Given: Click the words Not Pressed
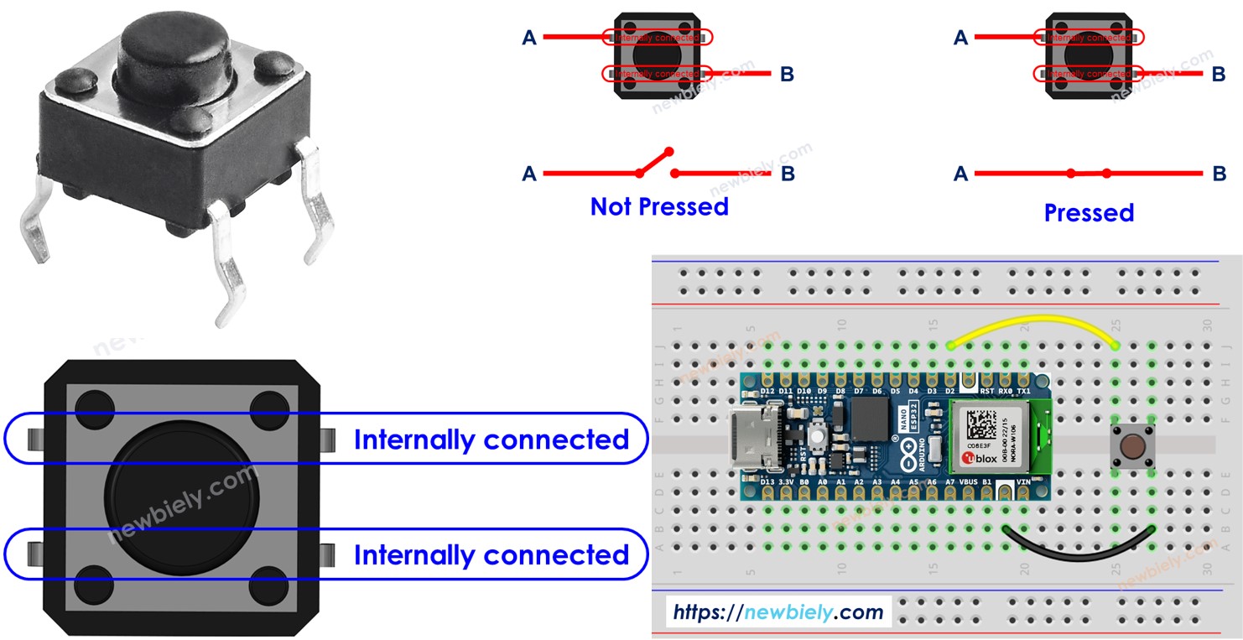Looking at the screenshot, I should tap(659, 206).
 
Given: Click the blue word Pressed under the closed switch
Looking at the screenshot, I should tap(1089, 213).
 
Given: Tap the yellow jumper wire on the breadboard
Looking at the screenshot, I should tap(1032, 324).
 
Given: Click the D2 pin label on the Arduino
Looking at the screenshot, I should tap(949, 391).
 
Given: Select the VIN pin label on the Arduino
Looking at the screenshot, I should tap(1023, 482).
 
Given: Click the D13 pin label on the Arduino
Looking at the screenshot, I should tap(767, 482).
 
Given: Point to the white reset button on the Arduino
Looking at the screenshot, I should tap(814, 436).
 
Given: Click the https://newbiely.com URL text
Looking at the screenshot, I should tap(778, 611).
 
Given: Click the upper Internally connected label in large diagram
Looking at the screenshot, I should tap(491, 440).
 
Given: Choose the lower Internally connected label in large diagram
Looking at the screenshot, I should tap(491, 554).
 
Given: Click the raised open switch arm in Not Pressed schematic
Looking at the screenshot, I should tap(655, 163).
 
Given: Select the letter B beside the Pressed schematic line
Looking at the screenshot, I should tap(1219, 174).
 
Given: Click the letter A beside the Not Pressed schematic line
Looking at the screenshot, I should tap(529, 174).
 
